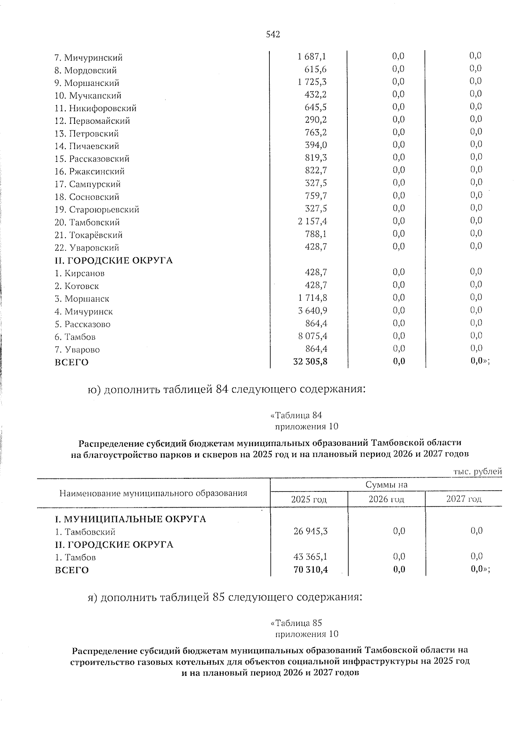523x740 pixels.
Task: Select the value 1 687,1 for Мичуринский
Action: [x=312, y=57]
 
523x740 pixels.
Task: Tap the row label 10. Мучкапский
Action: [x=88, y=95]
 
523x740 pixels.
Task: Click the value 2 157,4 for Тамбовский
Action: [x=312, y=222]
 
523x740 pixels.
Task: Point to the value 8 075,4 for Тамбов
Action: [x=312, y=336]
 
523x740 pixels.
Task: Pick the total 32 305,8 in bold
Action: [x=310, y=361]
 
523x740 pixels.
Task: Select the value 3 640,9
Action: [x=312, y=311]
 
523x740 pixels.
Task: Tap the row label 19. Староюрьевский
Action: [x=97, y=210]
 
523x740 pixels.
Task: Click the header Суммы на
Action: [x=386, y=484]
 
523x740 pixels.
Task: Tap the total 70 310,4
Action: [x=310, y=569]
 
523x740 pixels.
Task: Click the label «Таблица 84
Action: [x=296, y=415]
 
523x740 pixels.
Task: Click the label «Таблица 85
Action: [x=296, y=623]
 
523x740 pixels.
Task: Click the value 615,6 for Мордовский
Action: [x=316, y=70]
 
